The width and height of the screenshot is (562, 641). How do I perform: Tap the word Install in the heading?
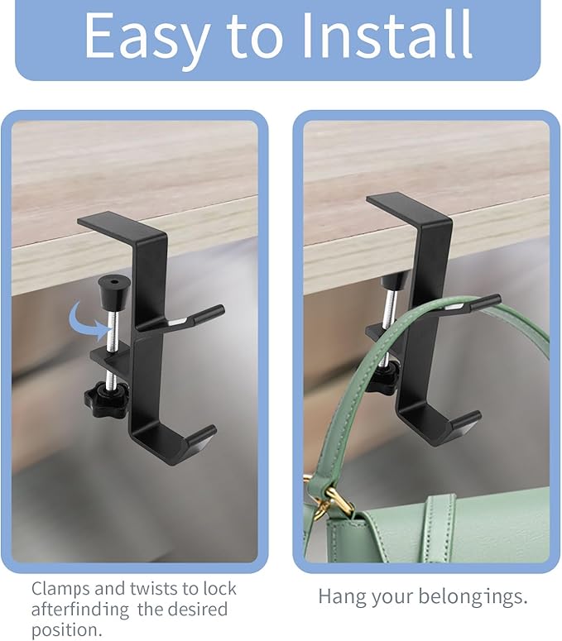386,36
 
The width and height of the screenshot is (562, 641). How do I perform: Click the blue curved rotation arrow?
88,321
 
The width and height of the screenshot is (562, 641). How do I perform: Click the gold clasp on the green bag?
327,500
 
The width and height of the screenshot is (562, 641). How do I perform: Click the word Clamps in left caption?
60,589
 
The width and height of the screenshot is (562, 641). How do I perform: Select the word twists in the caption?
154,589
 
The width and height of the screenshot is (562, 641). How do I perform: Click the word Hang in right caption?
338,598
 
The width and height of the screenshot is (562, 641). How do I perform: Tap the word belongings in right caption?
473,598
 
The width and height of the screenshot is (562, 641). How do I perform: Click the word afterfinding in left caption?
80,610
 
